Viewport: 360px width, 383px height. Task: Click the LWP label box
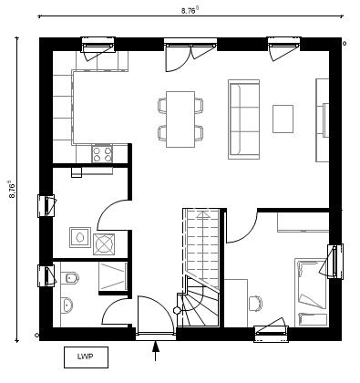click(86, 357)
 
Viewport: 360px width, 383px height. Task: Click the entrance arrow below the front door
click(156, 351)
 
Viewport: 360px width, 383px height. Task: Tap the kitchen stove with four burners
click(102, 154)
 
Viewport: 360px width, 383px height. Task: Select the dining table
click(180, 119)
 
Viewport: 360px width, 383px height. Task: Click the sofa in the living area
click(244, 119)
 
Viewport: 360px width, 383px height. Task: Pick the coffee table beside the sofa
click(283, 119)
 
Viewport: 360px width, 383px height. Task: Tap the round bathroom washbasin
click(67, 305)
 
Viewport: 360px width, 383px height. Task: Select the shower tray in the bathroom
click(113, 277)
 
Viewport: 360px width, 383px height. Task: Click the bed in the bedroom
click(312, 293)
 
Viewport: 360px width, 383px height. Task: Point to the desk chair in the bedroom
click(255, 304)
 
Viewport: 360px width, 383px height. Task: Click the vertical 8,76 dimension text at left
click(12, 190)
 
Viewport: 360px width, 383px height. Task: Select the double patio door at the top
click(190, 56)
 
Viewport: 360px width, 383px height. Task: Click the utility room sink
click(80, 237)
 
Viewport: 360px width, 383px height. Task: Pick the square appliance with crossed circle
click(104, 244)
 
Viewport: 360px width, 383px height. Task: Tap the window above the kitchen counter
click(98, 45)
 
